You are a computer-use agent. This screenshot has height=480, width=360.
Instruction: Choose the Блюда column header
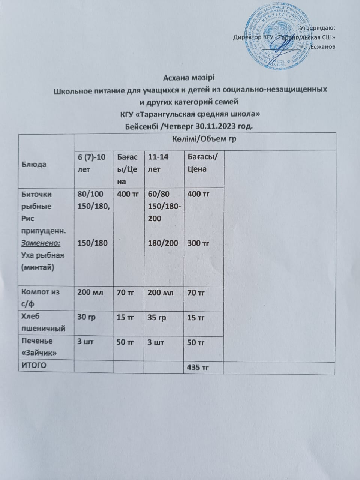(34, 164)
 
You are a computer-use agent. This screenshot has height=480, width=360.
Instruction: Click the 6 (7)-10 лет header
(91, 163)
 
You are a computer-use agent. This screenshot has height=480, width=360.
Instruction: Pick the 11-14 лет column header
(158, 163)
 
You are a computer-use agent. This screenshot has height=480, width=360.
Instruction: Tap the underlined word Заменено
(41, 243)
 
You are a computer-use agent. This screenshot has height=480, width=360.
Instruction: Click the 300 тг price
(198, 243)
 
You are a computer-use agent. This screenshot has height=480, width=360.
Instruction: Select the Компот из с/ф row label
(40, 297)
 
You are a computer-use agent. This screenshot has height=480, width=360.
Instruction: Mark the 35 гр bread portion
(156, 317)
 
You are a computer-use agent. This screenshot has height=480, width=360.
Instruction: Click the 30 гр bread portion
(86, 317)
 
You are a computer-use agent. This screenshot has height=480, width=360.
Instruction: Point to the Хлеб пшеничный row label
(43, 322)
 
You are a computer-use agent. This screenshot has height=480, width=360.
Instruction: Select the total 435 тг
(198, 367)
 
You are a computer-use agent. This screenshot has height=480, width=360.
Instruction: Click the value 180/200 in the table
(163, 243)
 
